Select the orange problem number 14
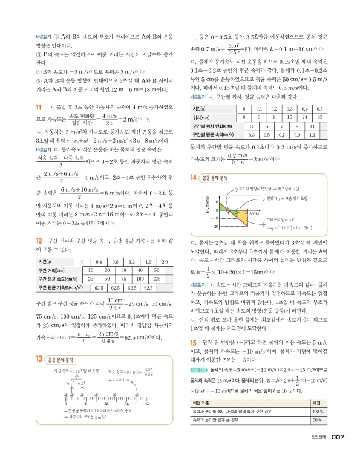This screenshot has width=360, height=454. pos(193,177)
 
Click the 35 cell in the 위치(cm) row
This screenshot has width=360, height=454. pos(321,117)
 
